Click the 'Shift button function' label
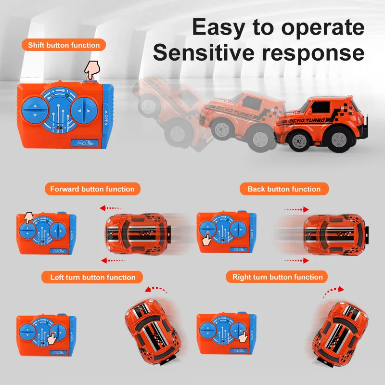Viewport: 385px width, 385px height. (x=64, y=45)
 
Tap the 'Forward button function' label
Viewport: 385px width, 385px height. (x=92, y=189)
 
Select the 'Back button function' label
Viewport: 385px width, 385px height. (x=284, y=189)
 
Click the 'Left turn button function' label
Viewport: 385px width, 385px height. (x=92, y=277)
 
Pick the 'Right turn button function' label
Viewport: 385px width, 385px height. (x=277, y=277)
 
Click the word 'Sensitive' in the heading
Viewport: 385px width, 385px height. (x=204, y=52)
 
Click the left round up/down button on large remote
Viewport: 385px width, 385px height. (x=35, y=110)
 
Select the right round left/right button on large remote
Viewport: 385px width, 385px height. (x=84, y=111)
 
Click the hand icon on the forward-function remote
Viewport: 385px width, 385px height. (x=29, y=218)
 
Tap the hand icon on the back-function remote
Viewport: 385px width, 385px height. (x=207, y=239)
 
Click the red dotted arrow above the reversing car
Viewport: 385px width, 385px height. (x=296, y=209)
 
